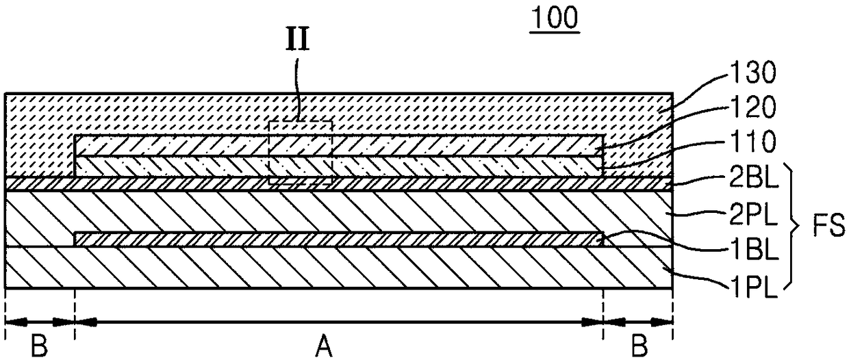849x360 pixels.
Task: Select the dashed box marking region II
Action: click(301, 153)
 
